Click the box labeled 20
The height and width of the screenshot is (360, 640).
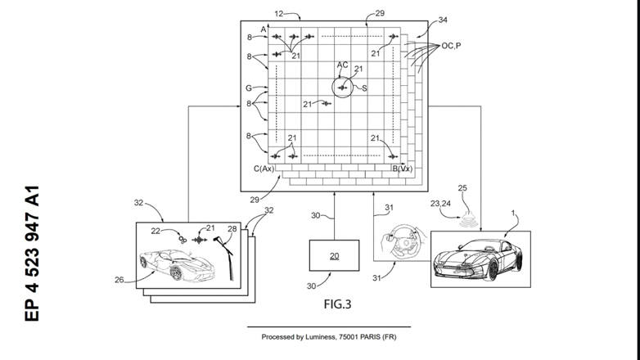(333, 255)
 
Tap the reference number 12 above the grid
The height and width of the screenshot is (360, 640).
(279, 14)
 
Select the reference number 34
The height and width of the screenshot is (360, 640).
(443, 19)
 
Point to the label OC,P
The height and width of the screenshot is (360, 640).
(452, 46)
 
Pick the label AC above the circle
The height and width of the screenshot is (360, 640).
(343, 64)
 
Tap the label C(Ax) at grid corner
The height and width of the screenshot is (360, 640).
(263, 168)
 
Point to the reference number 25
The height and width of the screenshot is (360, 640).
(462, 189)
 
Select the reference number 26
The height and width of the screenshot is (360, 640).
(119, 280)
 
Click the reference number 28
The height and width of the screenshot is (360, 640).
(232, 228)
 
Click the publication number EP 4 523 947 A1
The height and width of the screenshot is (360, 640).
(33, 254)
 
